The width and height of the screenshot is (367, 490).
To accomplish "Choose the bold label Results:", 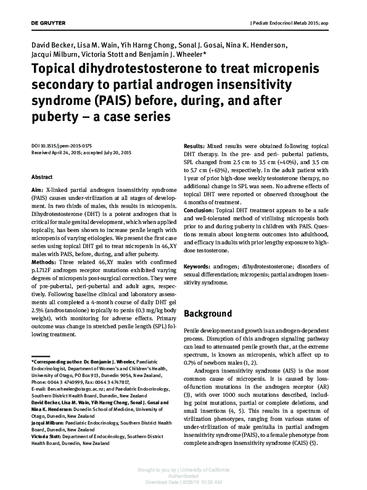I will click(197, 145).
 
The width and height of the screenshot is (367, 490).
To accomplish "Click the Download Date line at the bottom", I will click(183, 483).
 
